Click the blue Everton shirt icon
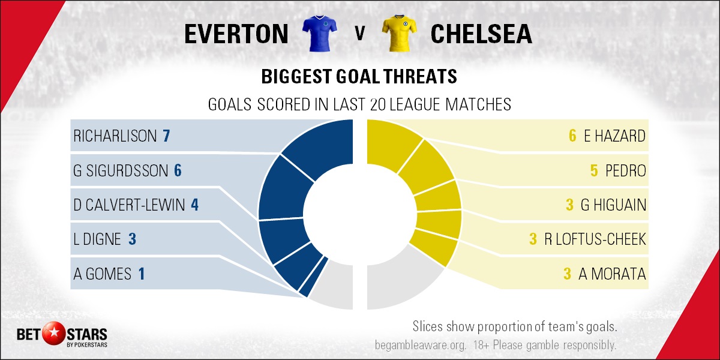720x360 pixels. tap(319, 34)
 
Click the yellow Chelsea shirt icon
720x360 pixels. tap(399, 34)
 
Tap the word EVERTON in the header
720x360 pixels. tap(236, 34)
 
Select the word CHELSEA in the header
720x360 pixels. tap(481, 34)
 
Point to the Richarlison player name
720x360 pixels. tap(115, 136)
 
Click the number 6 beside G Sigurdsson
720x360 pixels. tap(178, 170)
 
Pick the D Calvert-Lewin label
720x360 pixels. tap(129, 205)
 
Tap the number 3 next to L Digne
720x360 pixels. tap(132, 239)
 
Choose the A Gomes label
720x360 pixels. tap(102, 274)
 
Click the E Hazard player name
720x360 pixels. tap(614, 136)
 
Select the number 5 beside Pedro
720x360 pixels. tap(594, 170)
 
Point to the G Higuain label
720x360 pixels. tap(613, 205)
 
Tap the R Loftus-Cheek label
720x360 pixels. tap(595, 239)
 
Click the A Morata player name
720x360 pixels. tap(612, 274)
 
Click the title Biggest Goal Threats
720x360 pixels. tap(359, 77)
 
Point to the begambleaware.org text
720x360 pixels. tap(421, 345)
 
